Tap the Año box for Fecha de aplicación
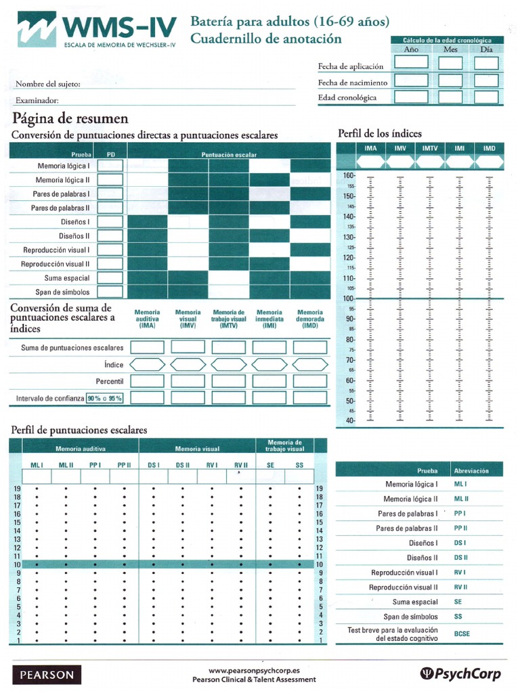click(411, 62)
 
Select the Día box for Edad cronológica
click(486, 97)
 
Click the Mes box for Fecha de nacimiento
click(450, 81)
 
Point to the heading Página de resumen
click(70, 118)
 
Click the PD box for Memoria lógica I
click(111, 166)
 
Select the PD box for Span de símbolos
click(111, 292)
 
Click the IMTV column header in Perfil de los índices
click(429, 148)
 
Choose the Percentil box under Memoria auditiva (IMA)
click(147, 381)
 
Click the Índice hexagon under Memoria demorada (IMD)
click(310, 364)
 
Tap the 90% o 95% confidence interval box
click(104, 399)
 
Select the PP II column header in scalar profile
click(124, 465)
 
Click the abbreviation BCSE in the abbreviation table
click(462, 635)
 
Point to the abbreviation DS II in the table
click(461, 558)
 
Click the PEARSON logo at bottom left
click(47, 675)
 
